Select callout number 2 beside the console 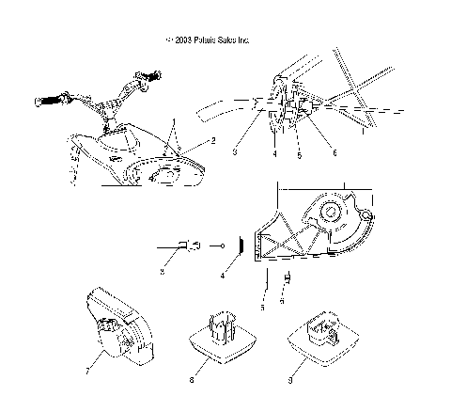click(x=213, y=141)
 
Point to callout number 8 click(x=192, y=380)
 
